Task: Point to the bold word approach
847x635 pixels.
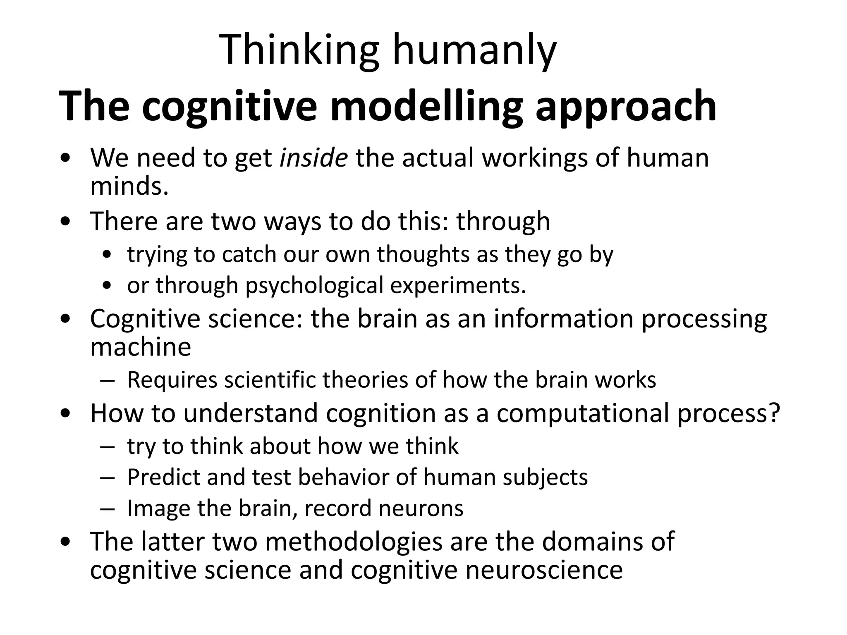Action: (625, 107)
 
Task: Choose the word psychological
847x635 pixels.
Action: (314, 286)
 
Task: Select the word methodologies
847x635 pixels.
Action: (354, 541)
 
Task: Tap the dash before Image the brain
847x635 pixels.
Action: (107, 509)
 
